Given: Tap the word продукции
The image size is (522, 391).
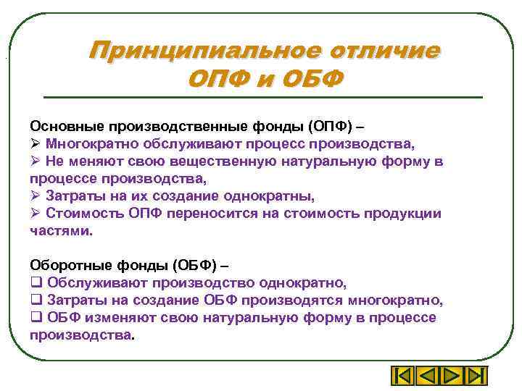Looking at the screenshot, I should (400, 213).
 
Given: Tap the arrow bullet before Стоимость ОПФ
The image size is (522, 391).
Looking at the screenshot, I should (35, 213).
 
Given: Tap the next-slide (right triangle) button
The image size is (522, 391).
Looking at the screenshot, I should (450, 377).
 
